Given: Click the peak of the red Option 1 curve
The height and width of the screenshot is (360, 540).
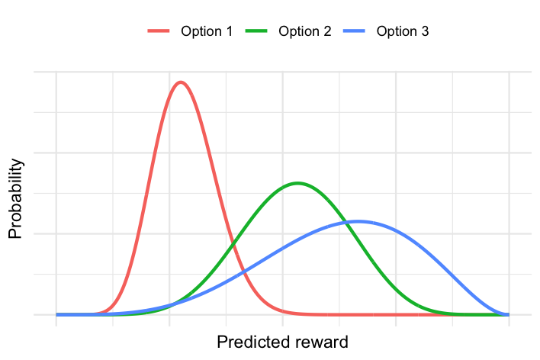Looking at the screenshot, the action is [181, 82].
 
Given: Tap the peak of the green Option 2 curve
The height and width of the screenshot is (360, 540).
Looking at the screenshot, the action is [297, 183].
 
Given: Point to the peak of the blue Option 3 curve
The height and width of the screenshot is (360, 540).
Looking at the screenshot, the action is [358, 221].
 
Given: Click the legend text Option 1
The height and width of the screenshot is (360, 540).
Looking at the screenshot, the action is [207, 31].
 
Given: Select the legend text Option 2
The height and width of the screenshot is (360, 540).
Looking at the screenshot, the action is [305, 31].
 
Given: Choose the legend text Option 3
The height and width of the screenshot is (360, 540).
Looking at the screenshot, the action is [403, 31].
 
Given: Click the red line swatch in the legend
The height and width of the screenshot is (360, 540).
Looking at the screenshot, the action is [159, 31].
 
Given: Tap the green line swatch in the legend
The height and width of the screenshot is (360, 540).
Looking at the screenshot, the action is [256, 31].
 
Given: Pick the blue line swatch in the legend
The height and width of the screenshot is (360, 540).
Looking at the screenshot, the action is [354, 31].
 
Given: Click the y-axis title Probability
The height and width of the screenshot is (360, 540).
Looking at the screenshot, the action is [15, 199].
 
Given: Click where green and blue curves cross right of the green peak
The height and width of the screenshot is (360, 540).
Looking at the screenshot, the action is [347, 223].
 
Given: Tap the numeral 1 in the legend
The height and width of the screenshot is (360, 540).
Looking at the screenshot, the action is [230, 31].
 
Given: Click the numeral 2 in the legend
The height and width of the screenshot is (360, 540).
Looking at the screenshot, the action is [327, 31].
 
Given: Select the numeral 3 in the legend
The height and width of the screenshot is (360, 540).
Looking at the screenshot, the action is [425, 31].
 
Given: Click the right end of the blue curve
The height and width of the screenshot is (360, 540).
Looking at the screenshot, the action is [509, 314].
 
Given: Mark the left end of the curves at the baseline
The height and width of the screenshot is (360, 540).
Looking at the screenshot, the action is [56, 314].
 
